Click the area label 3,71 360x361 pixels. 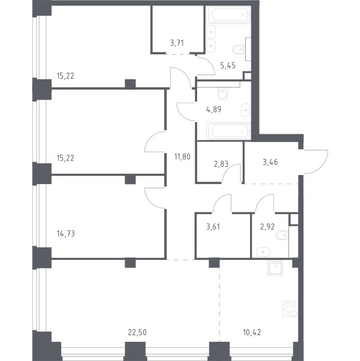[x=177, y=43]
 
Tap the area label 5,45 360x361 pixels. [x=228, y=66]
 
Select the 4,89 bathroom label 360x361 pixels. [x=214, y=109]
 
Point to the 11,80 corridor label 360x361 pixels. [x=182, y=157]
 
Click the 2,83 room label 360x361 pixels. [x=221, y=164]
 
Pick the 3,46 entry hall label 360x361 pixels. [x=270, y=162]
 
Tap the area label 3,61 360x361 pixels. [x=213, y=227]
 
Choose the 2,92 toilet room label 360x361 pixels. [x=267, y=227]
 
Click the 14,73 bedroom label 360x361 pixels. [x=66, y=233]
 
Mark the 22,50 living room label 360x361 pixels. [x=137, y=333]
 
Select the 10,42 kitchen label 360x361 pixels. [x=252, y=333]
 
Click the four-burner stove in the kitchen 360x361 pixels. [x=290, y=309]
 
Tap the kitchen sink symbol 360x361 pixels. [x=275, y=268]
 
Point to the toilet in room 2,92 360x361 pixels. [x=283, y=235]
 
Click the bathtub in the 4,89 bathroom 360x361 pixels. [x=228, y=131]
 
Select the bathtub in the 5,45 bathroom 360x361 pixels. [x=228, y=14]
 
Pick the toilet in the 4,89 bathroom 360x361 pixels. [x=222, y=94]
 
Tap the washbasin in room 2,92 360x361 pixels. [x=263, y=252]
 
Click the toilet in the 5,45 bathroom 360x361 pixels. [x=239, y=49]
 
